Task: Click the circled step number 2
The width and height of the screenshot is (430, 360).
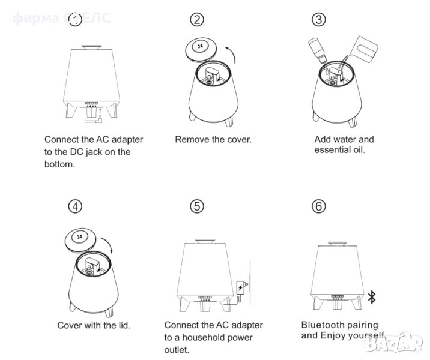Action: coord(197,20)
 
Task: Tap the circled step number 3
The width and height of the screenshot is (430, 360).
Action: coord(319,20)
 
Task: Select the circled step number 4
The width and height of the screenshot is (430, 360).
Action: coord(75,206)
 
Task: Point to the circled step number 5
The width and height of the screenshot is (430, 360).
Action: coord(197,206)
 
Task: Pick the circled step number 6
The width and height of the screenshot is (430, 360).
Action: coord(319,206)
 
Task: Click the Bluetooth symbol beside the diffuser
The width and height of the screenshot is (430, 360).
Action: coord(372,297)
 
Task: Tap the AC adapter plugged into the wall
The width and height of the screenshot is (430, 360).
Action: coord(241,287)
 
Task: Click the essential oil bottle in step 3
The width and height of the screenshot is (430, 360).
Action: coord(318,50)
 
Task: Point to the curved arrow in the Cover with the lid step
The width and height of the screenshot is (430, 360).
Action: coord(109,243)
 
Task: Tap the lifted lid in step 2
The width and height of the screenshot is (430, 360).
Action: coord(201,49)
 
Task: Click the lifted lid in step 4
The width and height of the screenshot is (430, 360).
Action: coord(80,239)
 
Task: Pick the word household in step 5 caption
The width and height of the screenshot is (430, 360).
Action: coord(210,338)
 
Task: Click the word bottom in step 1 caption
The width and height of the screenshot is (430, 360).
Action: coord(59,164)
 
